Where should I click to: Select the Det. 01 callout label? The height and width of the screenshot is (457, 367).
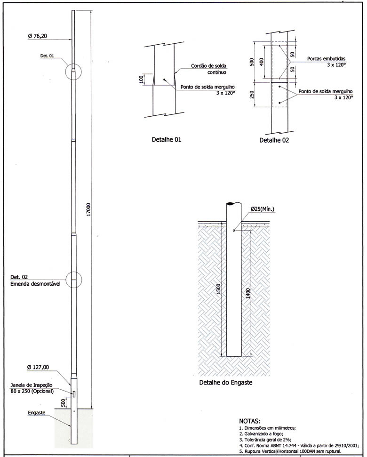pos(48,56)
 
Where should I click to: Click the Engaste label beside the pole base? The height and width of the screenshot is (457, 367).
pos(36,413)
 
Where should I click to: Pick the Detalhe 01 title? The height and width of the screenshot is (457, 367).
pos(166,140)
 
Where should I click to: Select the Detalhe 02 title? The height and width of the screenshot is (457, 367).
pos(275,140)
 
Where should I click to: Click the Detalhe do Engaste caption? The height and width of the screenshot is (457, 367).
pos(226,382)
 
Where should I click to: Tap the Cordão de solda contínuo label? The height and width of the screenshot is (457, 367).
pos(209,70)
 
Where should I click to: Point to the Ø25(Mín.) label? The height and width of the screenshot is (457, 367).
pos(262,208)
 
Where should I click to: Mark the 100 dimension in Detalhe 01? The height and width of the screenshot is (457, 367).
pos(141,79)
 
